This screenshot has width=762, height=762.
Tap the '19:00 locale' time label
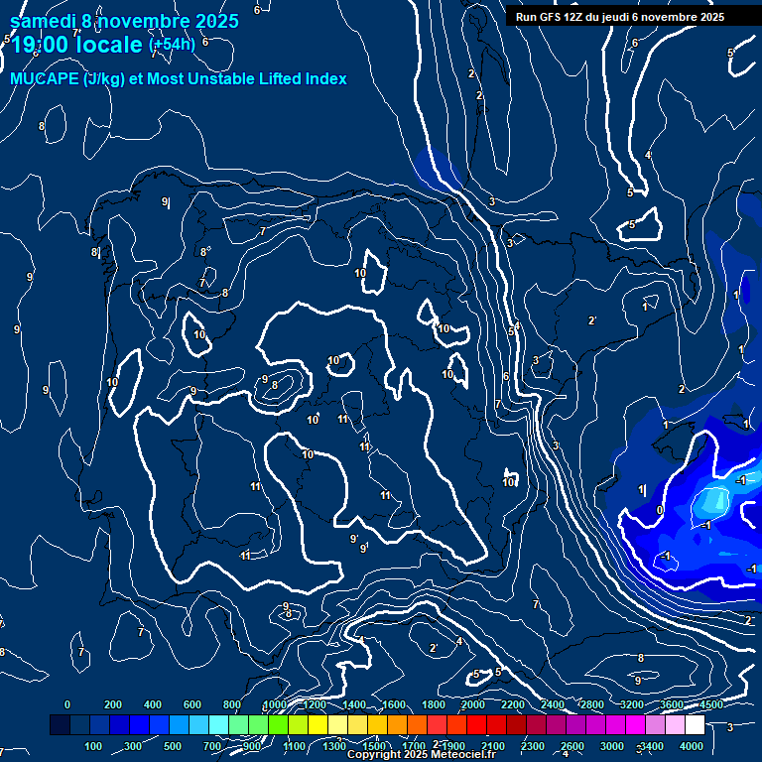point(76,45)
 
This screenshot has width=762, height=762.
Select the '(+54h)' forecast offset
point(172,45)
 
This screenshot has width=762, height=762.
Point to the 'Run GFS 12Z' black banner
point(619,17)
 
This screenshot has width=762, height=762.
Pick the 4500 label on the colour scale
point(710,705)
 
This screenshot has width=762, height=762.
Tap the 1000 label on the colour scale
point(275,705)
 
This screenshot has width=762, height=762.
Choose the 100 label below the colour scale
point(93,746)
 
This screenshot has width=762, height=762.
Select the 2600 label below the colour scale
point(572,746)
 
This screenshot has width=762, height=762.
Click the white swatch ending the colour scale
point(696,725)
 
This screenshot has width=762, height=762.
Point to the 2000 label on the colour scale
point(473,705)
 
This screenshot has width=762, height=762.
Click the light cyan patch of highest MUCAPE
point(712,501)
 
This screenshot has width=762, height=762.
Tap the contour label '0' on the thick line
point(660,510)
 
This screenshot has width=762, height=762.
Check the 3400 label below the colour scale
point(652,746)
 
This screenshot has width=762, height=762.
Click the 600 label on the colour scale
point(192,705)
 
